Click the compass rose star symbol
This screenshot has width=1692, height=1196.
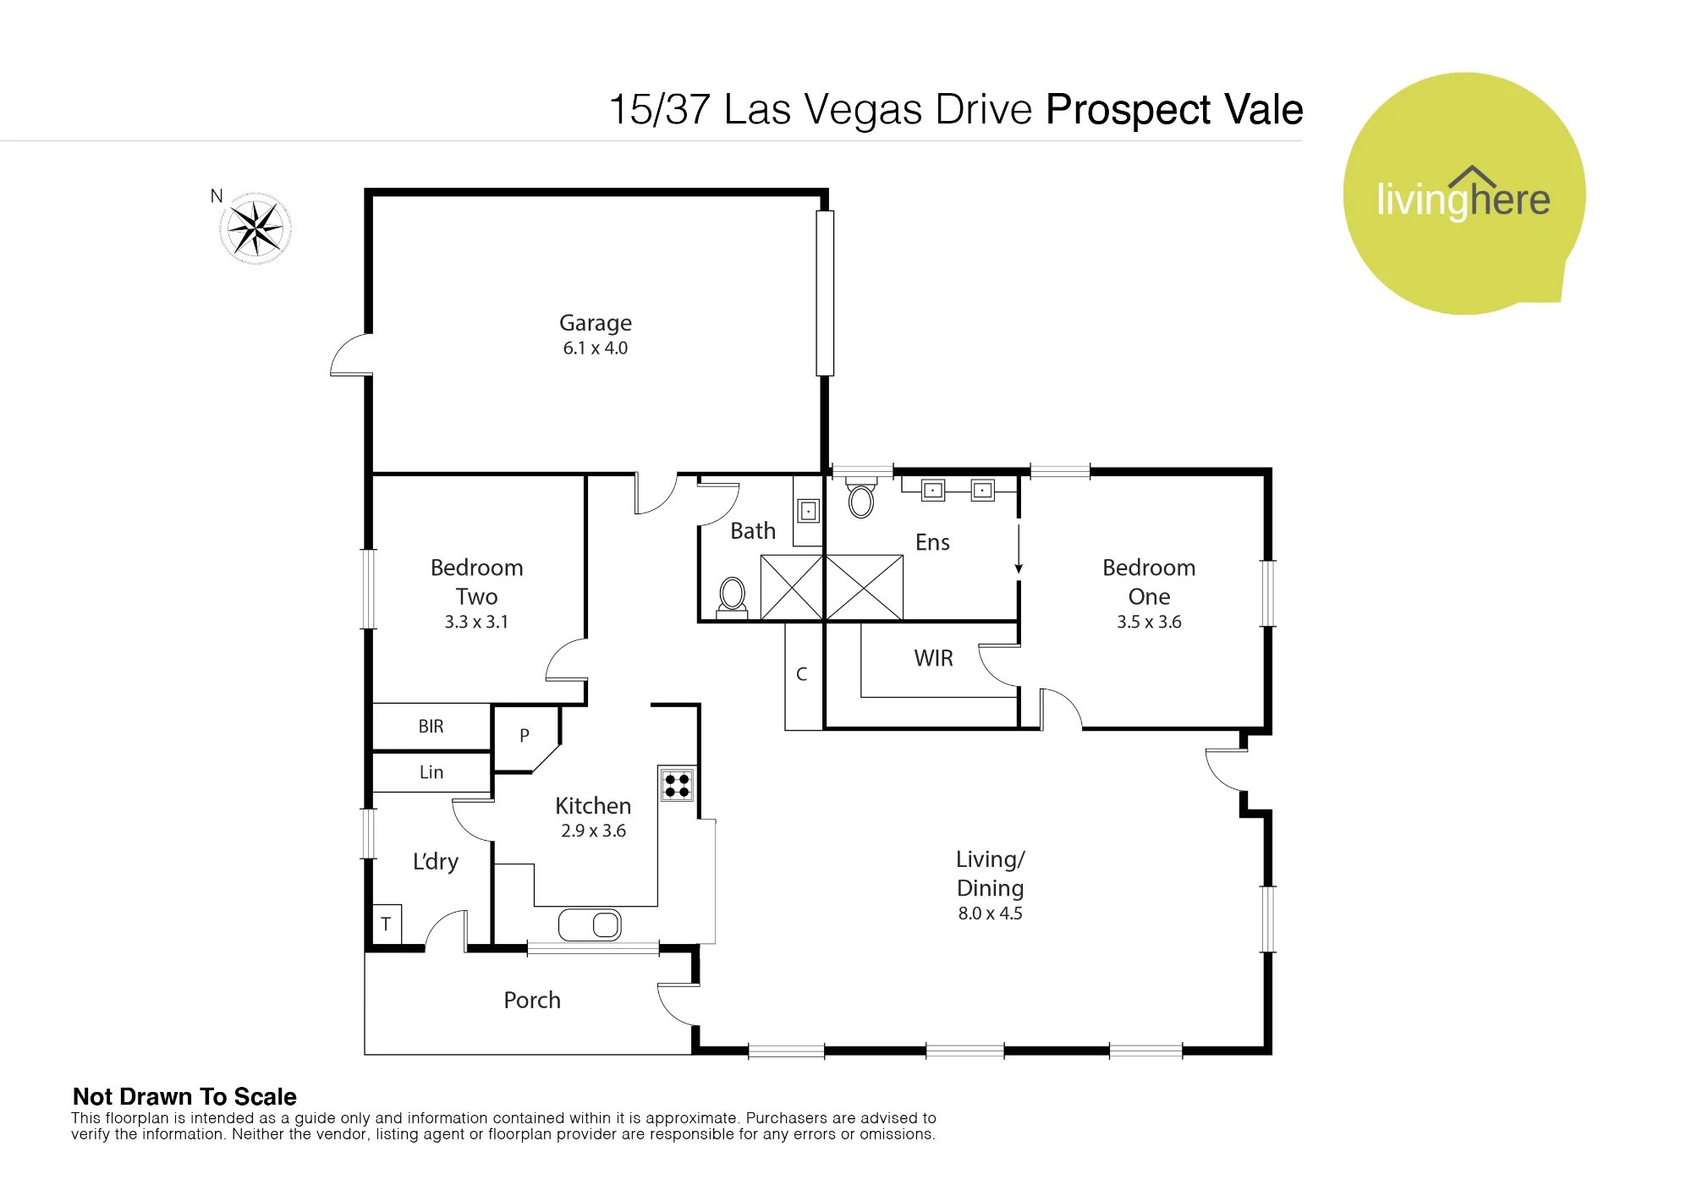[x=255, y=228]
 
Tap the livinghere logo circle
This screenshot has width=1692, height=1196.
[x=1464, y=194]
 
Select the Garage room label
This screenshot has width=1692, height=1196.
[x=596, y=323]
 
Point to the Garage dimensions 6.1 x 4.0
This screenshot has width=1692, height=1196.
[x=596, y=348]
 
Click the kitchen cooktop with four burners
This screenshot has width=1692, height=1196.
[x=677, y=784]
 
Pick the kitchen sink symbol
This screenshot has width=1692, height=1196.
[x=590, y=925]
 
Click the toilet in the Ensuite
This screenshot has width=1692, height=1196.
[x=861, y=498]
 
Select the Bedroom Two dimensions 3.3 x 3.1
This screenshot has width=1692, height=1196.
[x=476, y=622]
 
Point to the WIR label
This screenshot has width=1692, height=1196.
[x=934, y=658]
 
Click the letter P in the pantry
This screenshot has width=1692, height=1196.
[x=525, y=736]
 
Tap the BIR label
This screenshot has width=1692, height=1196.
[x=431, y=727]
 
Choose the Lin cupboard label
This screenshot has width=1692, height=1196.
[x=431, y=772]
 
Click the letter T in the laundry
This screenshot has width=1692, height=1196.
[x=386, y=924]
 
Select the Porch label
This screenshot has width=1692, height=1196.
[x=532, y=1000]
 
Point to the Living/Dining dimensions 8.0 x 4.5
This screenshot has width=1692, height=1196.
[x=990, y=913]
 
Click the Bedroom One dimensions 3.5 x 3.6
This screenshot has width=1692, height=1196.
[x=1149, y=622]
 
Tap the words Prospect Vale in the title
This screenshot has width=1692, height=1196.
[x=1174, y=110]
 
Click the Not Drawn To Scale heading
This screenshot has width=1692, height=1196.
[x=184, y=1097]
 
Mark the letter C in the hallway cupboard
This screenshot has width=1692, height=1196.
[x=802, y=674]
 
